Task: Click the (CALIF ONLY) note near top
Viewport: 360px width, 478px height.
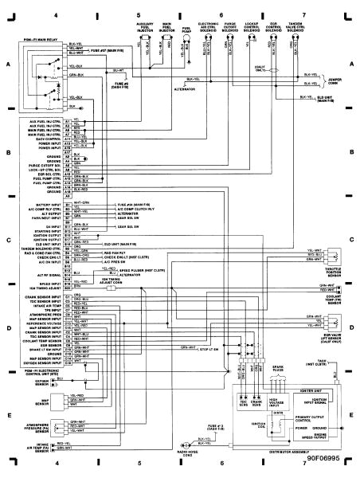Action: coord(281,69)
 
